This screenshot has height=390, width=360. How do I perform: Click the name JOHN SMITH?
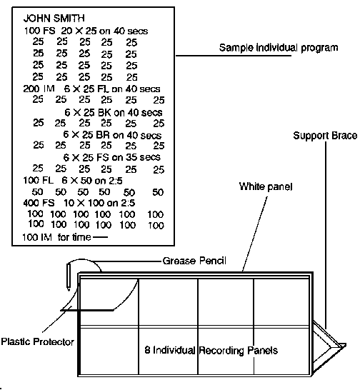(54, 18)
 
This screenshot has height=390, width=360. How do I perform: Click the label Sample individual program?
(279, 48)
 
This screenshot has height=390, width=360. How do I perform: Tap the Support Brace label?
(325, 136)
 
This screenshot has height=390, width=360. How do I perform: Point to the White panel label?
(266, 186)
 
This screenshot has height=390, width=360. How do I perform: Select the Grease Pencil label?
(194, 261)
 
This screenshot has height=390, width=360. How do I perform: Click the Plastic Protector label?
(38, 341)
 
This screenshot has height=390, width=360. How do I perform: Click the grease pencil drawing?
(69, 277)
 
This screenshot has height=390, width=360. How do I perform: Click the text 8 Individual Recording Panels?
(211, 350)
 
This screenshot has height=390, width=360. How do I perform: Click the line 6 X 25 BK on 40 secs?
(113, 113)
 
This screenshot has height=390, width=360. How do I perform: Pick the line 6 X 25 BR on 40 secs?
(112, 135)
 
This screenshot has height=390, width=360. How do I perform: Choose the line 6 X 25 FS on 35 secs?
(111, 157)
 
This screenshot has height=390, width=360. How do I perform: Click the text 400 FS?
(39, 203)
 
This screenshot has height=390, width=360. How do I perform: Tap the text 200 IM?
(39, 89)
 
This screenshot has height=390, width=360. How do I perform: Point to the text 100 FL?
(38, 180)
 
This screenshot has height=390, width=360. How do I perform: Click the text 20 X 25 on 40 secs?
(104, 31)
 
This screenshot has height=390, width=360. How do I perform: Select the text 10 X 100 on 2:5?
(99, 203)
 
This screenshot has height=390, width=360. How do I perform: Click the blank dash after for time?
(101, 237)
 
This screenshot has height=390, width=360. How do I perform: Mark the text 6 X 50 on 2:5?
(92, 181)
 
